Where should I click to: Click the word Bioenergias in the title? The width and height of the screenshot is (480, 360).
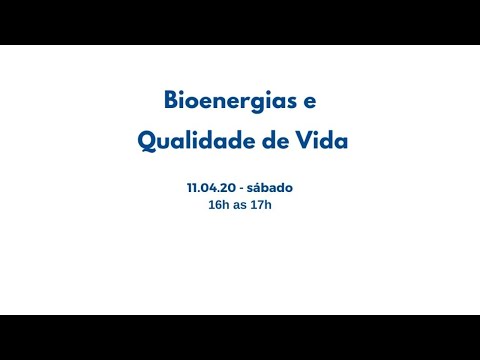coord(228,101)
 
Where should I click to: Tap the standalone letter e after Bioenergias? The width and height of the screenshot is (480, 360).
coord(308,102)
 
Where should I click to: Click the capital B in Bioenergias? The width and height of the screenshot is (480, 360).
coord(171,101)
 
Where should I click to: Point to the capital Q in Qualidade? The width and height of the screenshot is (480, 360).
coord(146,141)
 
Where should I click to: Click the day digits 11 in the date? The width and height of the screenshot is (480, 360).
coord(191,187)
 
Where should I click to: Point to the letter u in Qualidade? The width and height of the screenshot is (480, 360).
coord(164,142)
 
